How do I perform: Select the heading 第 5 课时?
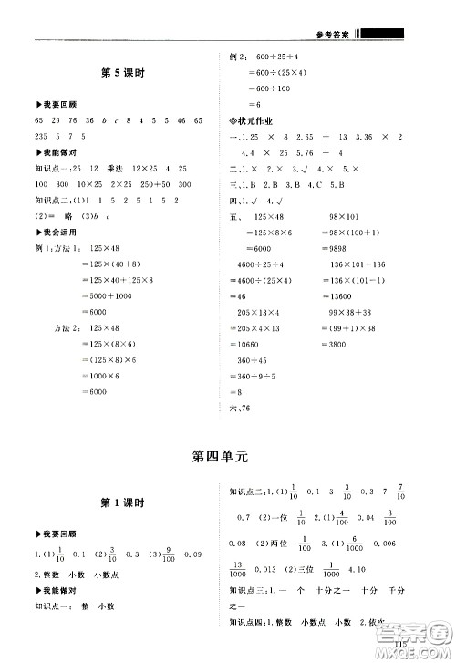[120, 73]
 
